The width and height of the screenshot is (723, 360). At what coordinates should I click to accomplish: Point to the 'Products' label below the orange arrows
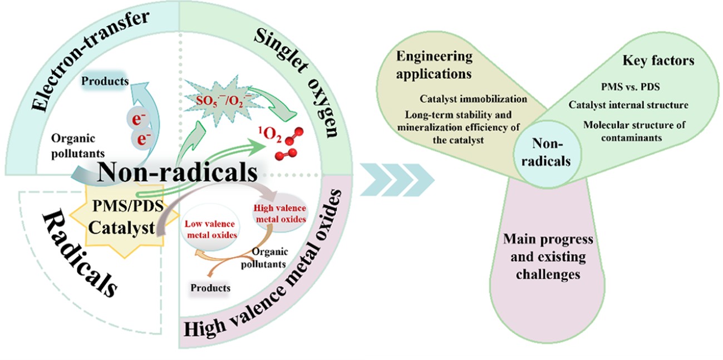click(210, 288)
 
